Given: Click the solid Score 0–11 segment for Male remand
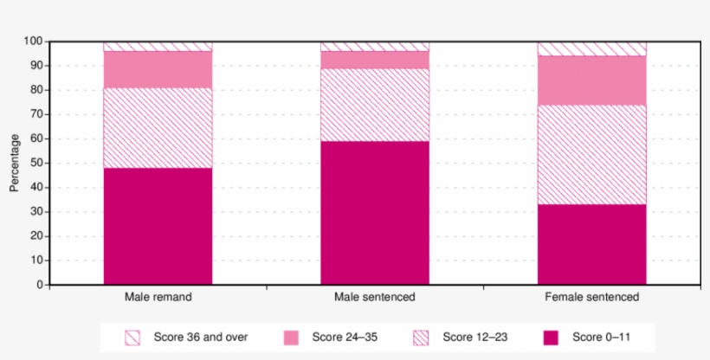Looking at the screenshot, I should [158, 226].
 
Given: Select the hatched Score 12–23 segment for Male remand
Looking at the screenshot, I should [158, 128].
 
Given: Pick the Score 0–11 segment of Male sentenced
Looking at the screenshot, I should [375, 213].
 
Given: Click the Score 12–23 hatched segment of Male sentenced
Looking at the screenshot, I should [375, 105].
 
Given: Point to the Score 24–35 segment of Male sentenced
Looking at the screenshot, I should [375, 60].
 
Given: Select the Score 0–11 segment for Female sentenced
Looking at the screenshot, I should [591, 244].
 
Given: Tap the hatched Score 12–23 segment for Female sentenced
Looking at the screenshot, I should [591, 154].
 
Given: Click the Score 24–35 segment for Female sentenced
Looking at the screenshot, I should [591, 80].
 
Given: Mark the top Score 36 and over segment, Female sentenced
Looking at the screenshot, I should [591, 48].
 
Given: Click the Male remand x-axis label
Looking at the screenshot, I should [158, 297].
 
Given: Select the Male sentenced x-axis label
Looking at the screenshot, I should [375, 297].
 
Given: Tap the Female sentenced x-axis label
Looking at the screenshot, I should [591, 297].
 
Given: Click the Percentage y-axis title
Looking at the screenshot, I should [14, 163].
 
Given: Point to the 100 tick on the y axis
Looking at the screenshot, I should [33, 42].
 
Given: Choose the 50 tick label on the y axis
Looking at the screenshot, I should [36, 163].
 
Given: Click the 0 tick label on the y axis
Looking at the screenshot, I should [39, 285].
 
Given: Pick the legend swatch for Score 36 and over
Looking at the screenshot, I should [132, 337].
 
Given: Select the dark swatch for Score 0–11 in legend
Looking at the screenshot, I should [552, 337].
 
